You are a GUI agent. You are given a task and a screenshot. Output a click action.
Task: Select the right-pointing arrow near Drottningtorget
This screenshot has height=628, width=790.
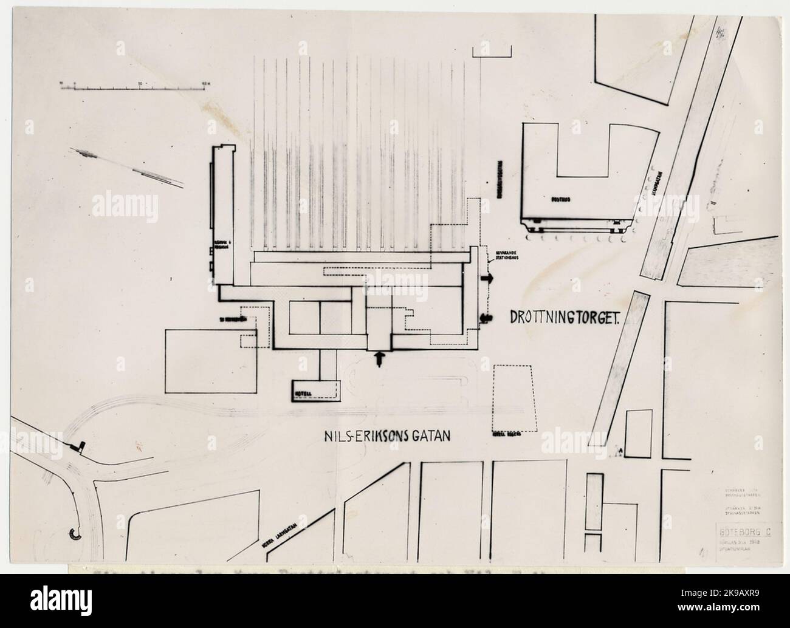487,278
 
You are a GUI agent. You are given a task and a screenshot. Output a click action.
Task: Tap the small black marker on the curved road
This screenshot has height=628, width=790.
77,446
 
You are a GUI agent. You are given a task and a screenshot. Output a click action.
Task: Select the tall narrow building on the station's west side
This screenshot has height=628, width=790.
221,216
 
